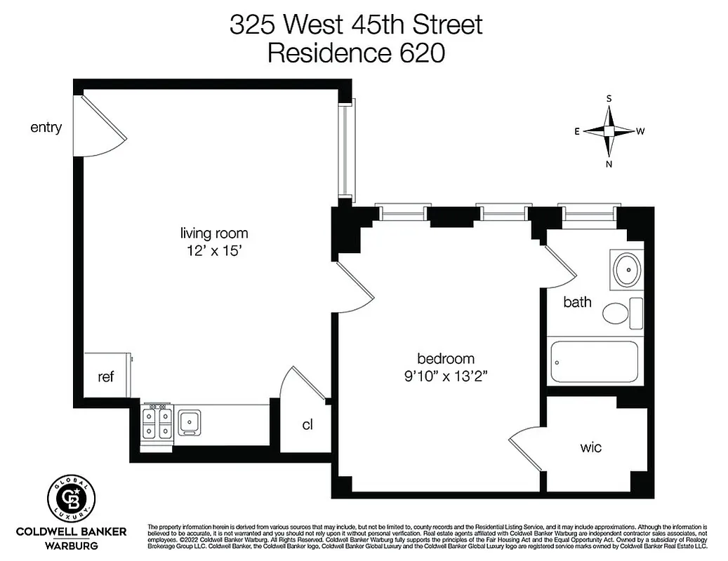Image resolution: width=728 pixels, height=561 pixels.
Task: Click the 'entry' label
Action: point(46,128)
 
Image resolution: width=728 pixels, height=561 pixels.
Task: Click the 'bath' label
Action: point(577,302)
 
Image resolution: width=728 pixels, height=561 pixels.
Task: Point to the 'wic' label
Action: point(590,447)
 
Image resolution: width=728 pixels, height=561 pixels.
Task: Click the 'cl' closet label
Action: point(307,424)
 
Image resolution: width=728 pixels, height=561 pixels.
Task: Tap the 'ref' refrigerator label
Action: point(105,377)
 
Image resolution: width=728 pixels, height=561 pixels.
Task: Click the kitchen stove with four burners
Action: point(157,422)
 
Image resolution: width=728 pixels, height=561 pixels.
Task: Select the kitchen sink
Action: point(189,422)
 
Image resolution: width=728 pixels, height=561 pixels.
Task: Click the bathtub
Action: point(594,362)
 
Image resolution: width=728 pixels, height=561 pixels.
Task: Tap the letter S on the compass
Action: point(609,99)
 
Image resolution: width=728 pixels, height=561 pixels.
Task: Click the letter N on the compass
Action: point(609,164)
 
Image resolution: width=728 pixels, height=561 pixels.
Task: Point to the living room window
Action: point(345,151)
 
